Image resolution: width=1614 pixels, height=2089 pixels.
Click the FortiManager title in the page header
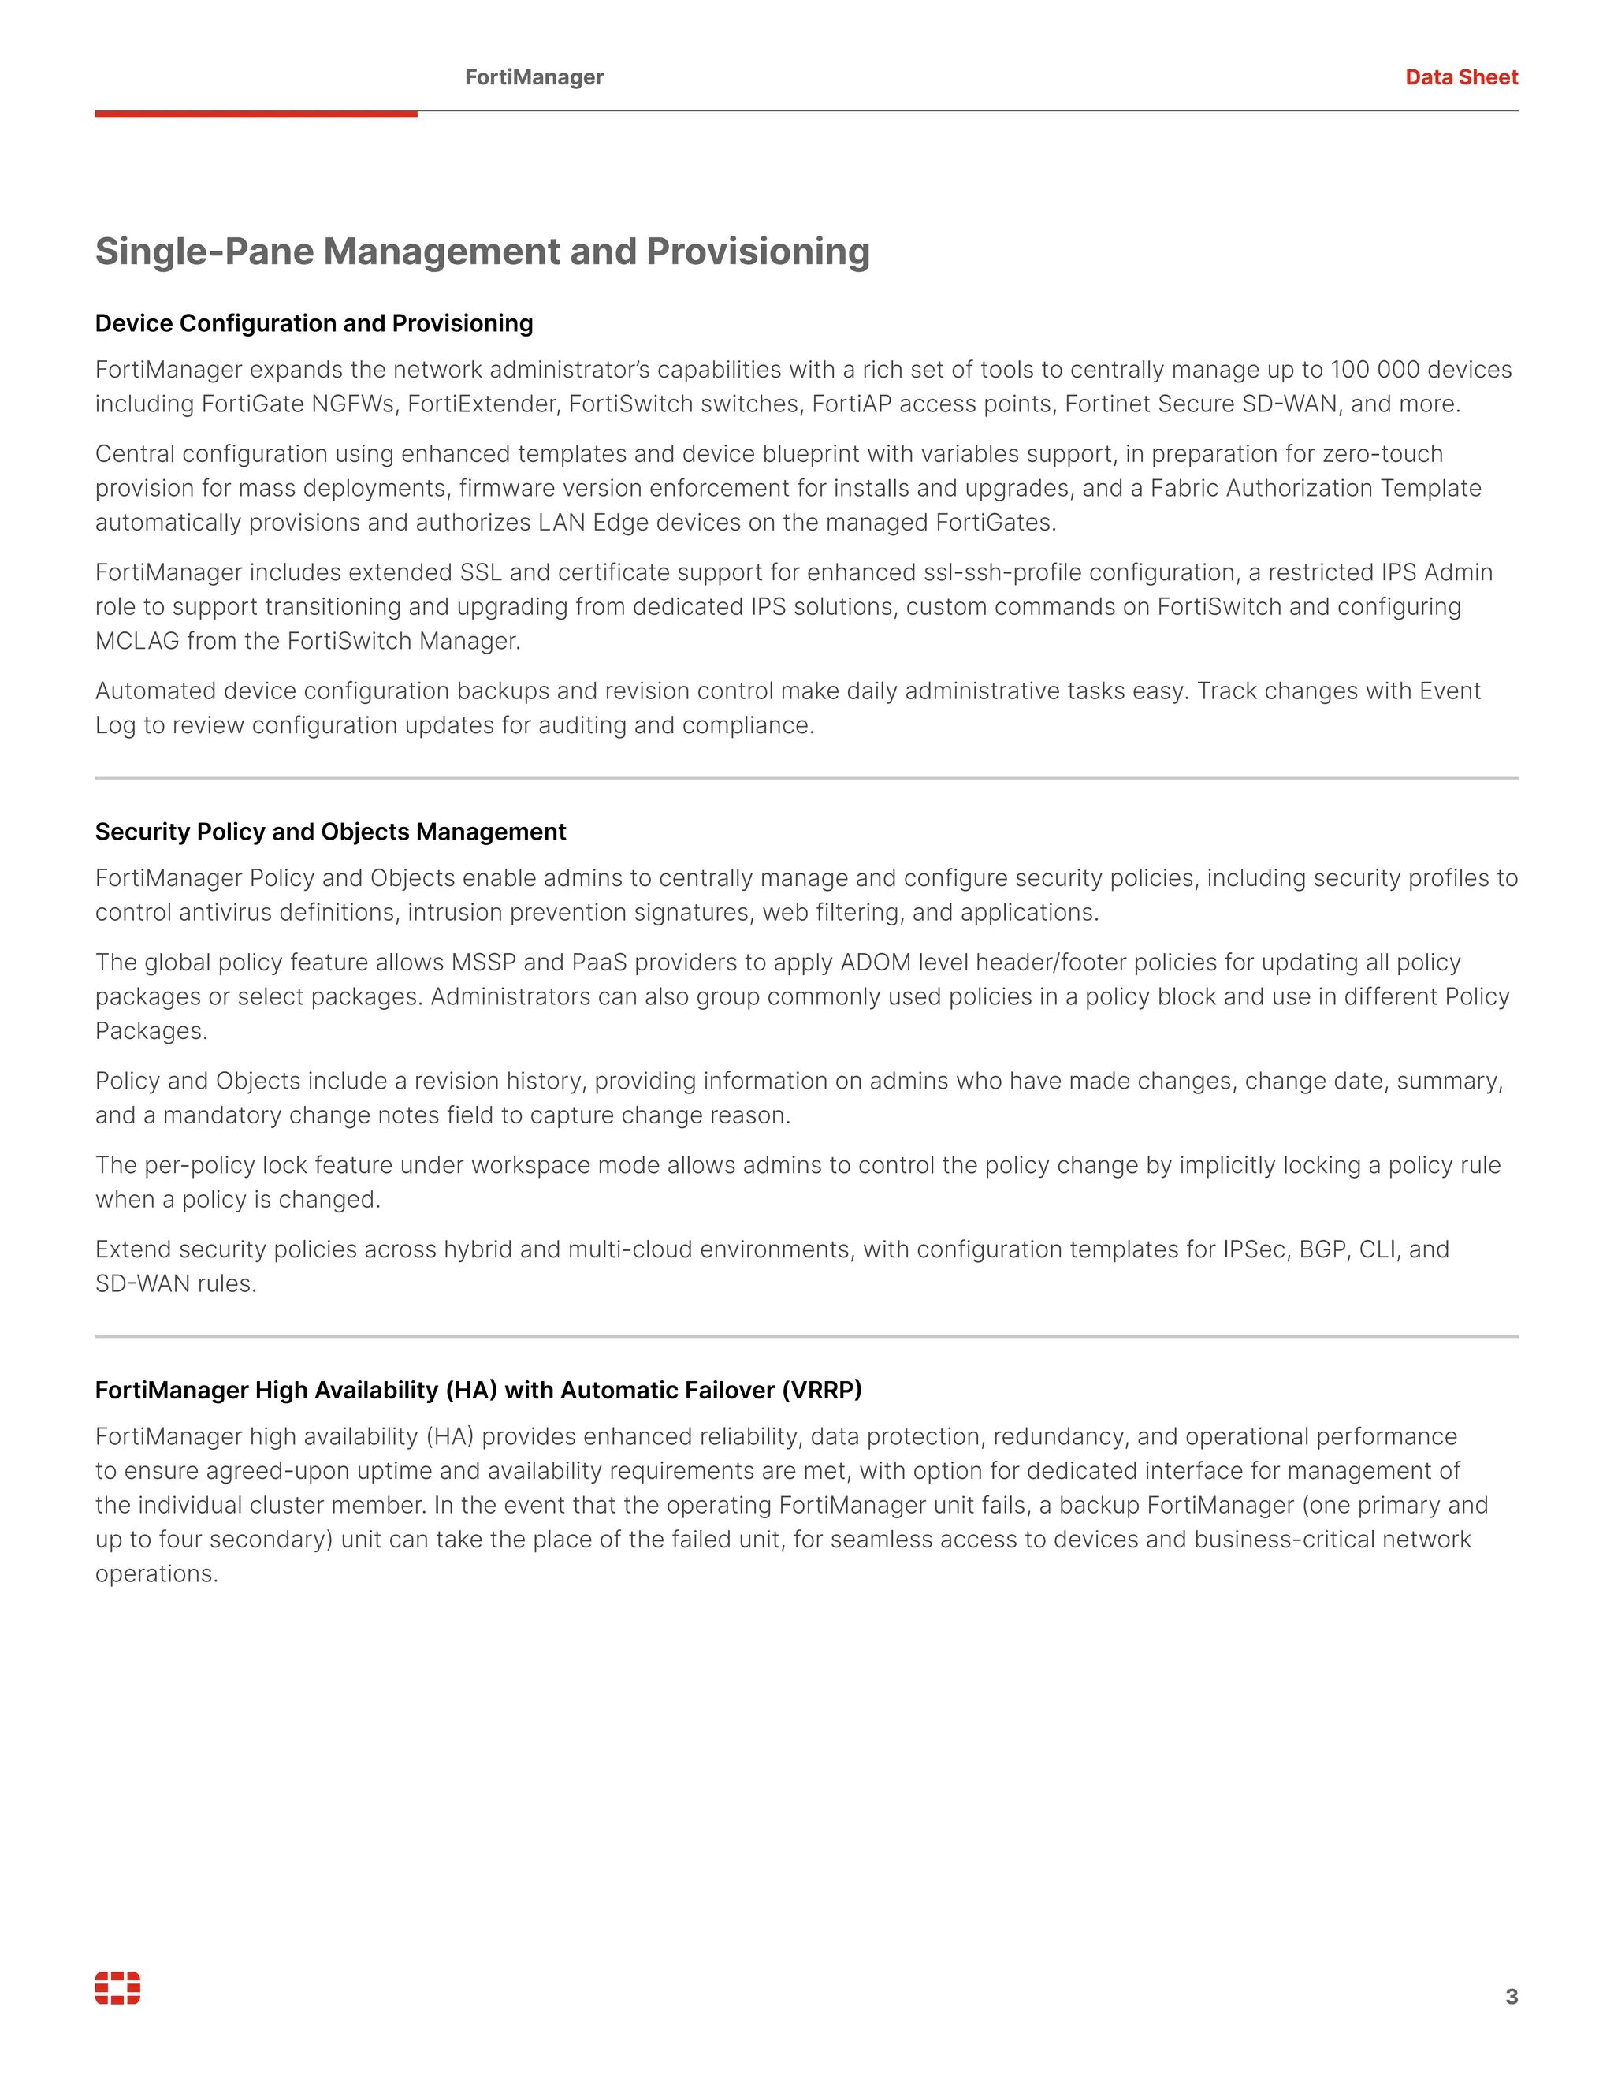(x=534, y=77)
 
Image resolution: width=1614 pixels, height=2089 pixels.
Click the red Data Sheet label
(x=1461, y=77)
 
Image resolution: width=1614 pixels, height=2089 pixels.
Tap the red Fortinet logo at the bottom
(x=117, y=1987)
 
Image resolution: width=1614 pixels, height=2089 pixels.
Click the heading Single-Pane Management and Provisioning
(x=482, y=251)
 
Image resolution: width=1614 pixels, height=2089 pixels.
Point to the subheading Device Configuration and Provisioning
(x=314, y=323)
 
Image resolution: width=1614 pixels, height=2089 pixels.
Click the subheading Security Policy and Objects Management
(x=330, y=832)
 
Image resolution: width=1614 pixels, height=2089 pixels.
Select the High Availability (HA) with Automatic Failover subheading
(x=478, y=1390)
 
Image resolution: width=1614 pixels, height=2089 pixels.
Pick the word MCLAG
(x=136, y=642)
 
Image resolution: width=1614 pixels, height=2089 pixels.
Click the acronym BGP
(x=1322, y=1250)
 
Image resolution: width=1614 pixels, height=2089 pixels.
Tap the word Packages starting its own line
(x=149, y=1032)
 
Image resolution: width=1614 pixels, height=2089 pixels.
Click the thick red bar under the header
(x=255, y=114)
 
